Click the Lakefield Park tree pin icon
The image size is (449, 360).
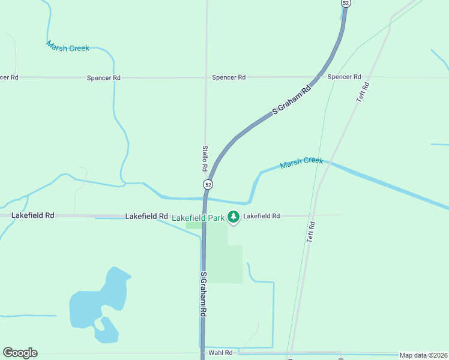(x=234, y=217)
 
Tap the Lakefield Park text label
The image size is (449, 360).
(x=198, y=217)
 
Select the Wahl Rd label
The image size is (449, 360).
(x=220, y=353)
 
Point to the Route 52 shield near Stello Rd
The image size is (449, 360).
(x=207, y=184)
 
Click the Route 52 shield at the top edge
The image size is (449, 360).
(x=345, y=3)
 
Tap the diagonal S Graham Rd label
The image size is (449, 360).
(x=292, y=100)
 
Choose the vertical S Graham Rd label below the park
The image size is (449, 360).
(x=203, y=294)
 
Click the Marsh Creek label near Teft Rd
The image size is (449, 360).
(x=301, y=162)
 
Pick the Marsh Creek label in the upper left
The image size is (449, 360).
(x=68, y=46)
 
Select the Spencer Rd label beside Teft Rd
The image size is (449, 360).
(x=344, y=77)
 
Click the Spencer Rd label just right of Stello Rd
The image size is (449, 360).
(x=229, y=77)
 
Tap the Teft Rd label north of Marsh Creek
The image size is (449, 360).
(x=362, y=92)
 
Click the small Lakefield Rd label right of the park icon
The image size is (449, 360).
(x=262, y=215)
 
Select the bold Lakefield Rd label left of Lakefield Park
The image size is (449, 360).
(x=146, y=215)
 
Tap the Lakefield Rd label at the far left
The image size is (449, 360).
(x=33, y=215)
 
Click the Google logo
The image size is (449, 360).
(x=20, y=353)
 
